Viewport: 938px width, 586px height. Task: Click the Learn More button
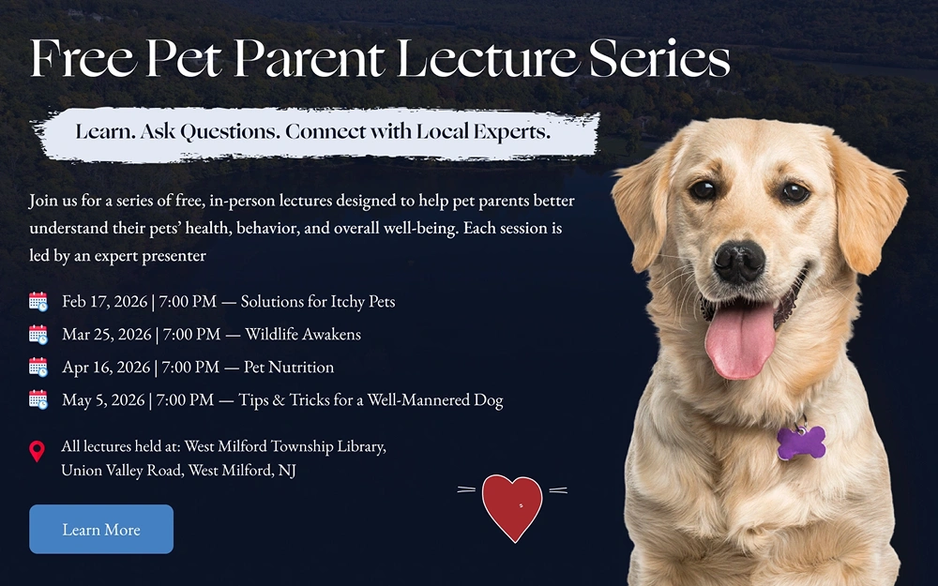tap(101, 529)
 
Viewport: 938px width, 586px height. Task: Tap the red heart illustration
tap(512, 507)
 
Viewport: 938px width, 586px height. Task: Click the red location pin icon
tap(38, 452)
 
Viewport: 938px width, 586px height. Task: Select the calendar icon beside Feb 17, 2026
tap(38, 301)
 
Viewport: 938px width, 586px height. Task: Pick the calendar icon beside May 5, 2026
tap(38, 399)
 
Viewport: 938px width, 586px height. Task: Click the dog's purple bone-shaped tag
tap(801, 443)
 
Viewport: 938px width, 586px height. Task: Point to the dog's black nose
tap(739, 262)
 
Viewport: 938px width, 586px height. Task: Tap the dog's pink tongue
tap(739, 341)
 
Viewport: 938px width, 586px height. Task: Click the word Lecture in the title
tap(488, 58)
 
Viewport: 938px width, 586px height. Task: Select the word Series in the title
tap(659, 58)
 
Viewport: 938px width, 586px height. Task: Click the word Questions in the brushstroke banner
tap(230, 131)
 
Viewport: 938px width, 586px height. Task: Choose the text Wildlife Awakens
tap(303, 334)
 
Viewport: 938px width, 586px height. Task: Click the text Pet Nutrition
tap(288, 367)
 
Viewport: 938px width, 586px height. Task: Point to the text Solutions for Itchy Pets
tap(318, 301)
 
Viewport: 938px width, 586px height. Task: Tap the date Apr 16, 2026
tap(106, 368)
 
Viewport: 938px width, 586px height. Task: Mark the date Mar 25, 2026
tap(107, 335)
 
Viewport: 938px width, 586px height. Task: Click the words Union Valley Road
tap(121, 471)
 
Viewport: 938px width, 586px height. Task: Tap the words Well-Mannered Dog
tap(435, 399)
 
